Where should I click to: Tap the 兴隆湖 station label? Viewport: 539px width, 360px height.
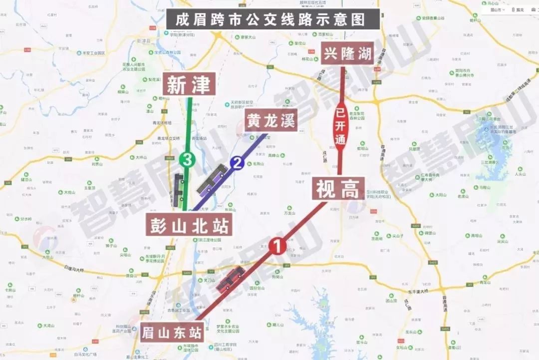pos(348,53)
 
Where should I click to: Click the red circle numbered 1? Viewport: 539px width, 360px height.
pos(277,245)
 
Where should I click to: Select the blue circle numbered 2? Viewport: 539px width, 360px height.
pos(237,163)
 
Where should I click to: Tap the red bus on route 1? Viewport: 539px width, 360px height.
pos(230,279)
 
